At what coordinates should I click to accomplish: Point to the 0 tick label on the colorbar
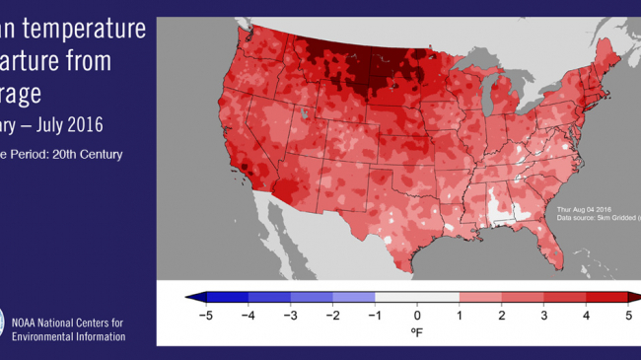point(416,316)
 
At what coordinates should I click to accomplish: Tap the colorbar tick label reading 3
point(545,316)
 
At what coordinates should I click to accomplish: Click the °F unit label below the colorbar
point(416,333)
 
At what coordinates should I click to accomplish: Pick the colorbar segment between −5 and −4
point(227,296)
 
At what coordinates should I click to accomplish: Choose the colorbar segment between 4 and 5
point(608,296)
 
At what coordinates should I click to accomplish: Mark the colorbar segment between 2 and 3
point(524,296)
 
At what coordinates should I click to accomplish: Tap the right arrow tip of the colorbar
point(637,296)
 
